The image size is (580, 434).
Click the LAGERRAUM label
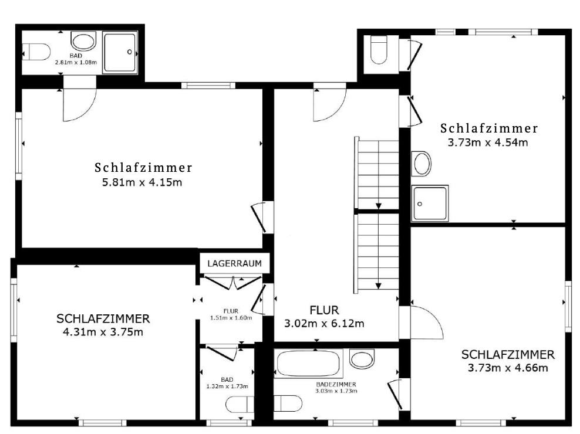pos(234,263)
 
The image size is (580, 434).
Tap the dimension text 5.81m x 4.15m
pos(142,182)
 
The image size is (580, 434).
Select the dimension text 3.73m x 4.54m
pos(488,142)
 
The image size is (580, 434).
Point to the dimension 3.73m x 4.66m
pos(508,368)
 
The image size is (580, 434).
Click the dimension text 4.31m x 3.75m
pos(103,332)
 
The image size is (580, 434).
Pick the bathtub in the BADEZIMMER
pos(309,364)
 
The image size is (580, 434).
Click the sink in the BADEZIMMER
pos(361,358)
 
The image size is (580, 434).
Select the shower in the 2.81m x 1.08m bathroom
pos(120,53)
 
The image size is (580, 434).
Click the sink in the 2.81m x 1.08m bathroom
pos(83,40)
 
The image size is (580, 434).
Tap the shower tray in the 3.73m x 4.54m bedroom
pos(430,203)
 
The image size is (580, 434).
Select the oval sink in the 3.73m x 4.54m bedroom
pos(421,163)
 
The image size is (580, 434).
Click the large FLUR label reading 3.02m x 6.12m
pos(324,317)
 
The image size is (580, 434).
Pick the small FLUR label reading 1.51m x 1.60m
pos(231,314)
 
